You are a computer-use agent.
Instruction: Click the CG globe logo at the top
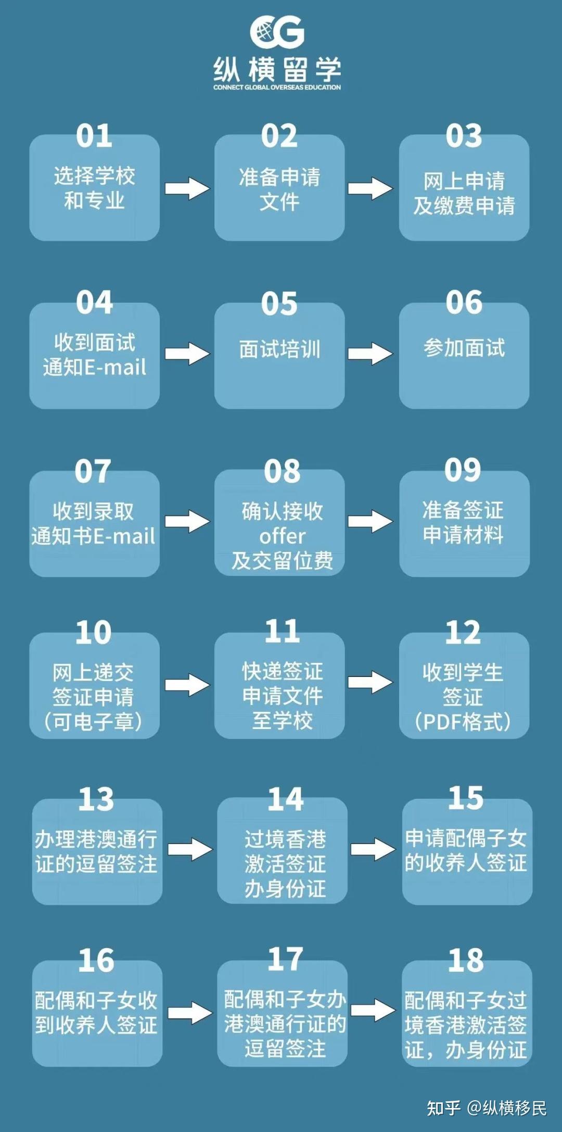coord(277,32)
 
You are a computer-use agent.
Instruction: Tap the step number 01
coord(94,136)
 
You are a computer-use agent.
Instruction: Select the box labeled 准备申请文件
coord(279,188)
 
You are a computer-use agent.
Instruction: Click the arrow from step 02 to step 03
coord(370,188)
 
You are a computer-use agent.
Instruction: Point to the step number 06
coord(464,303)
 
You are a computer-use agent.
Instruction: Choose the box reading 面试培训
coord(279,355)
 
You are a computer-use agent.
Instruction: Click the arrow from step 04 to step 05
coord(187,354)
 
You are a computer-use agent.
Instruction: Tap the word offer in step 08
coord(282,536)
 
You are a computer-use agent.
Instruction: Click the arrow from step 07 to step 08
coord(187,521)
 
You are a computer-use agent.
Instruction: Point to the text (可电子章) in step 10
coord(94,722)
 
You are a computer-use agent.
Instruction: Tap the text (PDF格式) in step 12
coord(463,722)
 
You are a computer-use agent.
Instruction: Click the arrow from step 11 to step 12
coord(370,682)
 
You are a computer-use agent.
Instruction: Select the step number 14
coord(285,799)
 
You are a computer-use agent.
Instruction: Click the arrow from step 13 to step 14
coord(190,849)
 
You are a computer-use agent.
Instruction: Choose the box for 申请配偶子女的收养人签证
coord(467,851)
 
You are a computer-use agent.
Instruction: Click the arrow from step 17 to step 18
coord(373,1011)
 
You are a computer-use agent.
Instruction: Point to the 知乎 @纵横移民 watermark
coord(487,1108)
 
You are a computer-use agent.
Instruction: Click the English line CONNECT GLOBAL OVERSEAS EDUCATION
coord(277,87)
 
